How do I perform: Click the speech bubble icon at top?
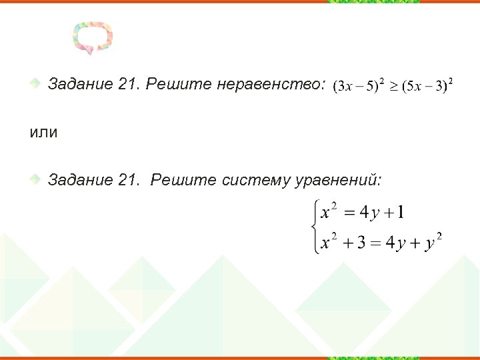tap(93, 37)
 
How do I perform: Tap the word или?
tap(43, 132)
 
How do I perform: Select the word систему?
tap(255, 180)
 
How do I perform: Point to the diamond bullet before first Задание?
tap(38, 84)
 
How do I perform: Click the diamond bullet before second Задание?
tap(38, 180)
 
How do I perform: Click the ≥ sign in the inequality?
tap(395, 87)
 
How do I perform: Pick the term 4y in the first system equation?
tap(369, 213)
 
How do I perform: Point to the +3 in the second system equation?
tap(354, 242)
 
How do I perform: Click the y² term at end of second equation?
tap(434, 242)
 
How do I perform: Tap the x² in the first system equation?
tap(329, 212)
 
